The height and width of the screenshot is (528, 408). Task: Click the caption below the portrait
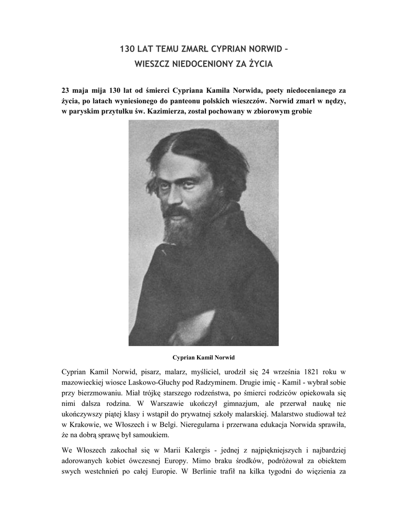[203, 357]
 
